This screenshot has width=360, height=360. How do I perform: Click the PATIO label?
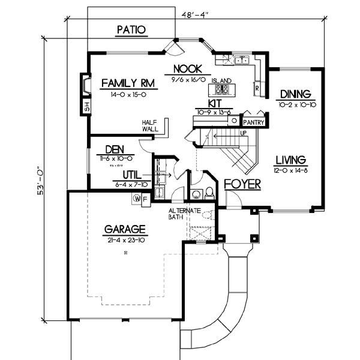click(131, 29)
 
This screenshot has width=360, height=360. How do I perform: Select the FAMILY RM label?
click(125, 83)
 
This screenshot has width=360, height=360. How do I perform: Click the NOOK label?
click(187, 68)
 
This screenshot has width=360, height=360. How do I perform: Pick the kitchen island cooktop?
click(222, 90)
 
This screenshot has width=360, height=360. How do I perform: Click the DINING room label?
click(295, 94)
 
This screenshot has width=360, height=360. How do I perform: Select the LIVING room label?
click(291, 160)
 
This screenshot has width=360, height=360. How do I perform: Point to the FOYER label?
click(242, 184)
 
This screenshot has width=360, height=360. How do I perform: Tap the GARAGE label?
click(125, 229)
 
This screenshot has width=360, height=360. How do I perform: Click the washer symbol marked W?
click(136, 199)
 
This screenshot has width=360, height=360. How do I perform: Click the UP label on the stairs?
click(243, 133)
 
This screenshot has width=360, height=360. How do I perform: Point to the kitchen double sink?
click(242, 59)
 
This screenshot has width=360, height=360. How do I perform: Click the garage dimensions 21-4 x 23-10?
click(124, 240)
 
